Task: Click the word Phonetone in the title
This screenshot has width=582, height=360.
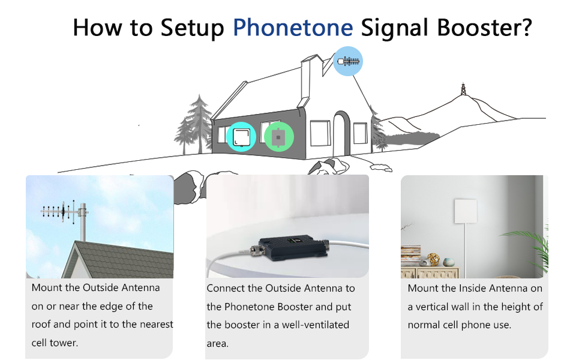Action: [x=293, y=28]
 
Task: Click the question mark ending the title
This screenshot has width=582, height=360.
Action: [x=526, y=28]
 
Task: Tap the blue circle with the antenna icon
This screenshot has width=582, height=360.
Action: [x=348, y=61]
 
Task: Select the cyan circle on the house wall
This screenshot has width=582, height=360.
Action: [x=241, y=137]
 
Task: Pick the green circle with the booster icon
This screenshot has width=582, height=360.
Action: [x=278, y=137]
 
